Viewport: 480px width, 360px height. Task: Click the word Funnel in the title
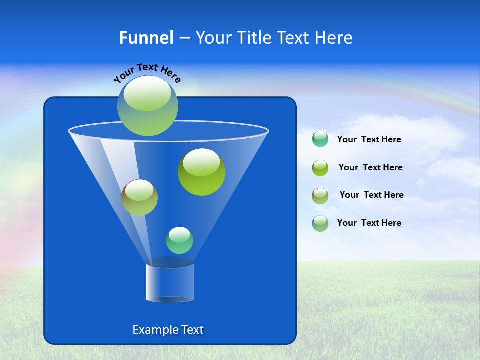(146, 38)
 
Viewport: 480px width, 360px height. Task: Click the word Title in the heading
(253, 38)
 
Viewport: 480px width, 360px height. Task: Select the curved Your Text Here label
(147, 73)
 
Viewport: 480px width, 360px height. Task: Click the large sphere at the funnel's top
(148, 105)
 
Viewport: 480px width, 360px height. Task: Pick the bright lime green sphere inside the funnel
(202, 172)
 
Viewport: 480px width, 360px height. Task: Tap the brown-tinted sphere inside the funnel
(139, 197)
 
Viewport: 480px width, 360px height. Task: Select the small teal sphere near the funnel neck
(179, 240)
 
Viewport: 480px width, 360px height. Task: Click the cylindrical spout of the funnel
(170, 282)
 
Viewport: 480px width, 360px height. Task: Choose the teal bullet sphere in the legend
(320, 139)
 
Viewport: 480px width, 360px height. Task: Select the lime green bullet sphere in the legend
(320, 168)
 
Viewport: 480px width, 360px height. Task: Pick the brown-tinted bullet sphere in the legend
(320, 196)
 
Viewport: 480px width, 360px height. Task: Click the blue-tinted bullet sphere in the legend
(320, 223)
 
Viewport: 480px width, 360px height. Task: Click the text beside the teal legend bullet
(369, 140)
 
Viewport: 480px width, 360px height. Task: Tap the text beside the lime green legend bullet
(370, 168)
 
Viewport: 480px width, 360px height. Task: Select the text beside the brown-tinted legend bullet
(371, 195)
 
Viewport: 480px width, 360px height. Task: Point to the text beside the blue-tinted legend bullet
(369, 223)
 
